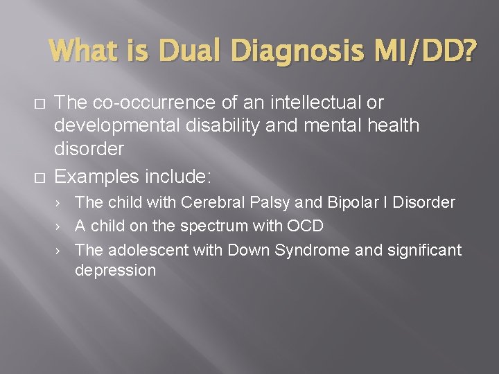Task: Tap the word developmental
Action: pyautogui.click(x=110, y=125)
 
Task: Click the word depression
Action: pyautogui.click(x=115, y=271)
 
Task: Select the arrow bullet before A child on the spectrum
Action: pyautogui.click(x=61, y=226)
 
